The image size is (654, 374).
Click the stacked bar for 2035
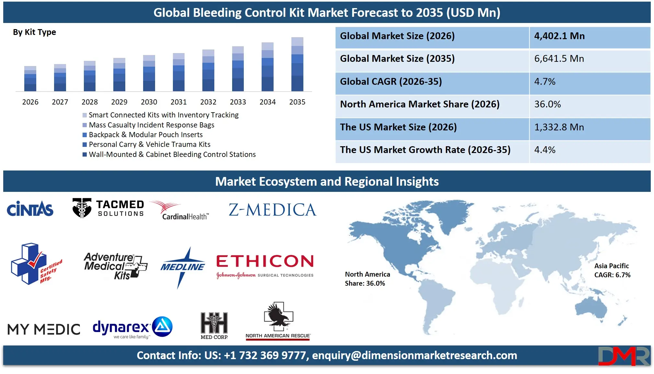click(x=297, y=64)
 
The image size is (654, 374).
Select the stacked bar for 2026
click(x=30, y=79)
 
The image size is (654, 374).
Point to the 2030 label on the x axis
click(x=149, y=102)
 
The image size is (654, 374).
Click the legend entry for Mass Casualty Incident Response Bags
click(x=152, y=125)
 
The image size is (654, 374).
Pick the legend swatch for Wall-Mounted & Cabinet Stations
click(x=85, y=155)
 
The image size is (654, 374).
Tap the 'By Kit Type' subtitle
click(x=34, y=32)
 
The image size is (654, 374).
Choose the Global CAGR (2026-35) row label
click(x=391, y=82)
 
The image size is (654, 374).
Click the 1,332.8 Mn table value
click(x=559, y=127)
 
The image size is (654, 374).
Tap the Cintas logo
click(x=30, y=209)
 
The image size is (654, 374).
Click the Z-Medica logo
click(x=272, y=210)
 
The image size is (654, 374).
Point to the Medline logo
click(x=183, y=267)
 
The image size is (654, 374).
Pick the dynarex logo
click(x=132, y=327)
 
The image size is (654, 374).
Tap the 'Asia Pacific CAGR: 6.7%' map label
click(x=612, y=270)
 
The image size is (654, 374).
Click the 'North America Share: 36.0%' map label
click(x=367, y=279)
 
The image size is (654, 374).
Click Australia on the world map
click(x=591, y=309)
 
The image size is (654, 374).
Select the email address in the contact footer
click(x=414, y=356)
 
